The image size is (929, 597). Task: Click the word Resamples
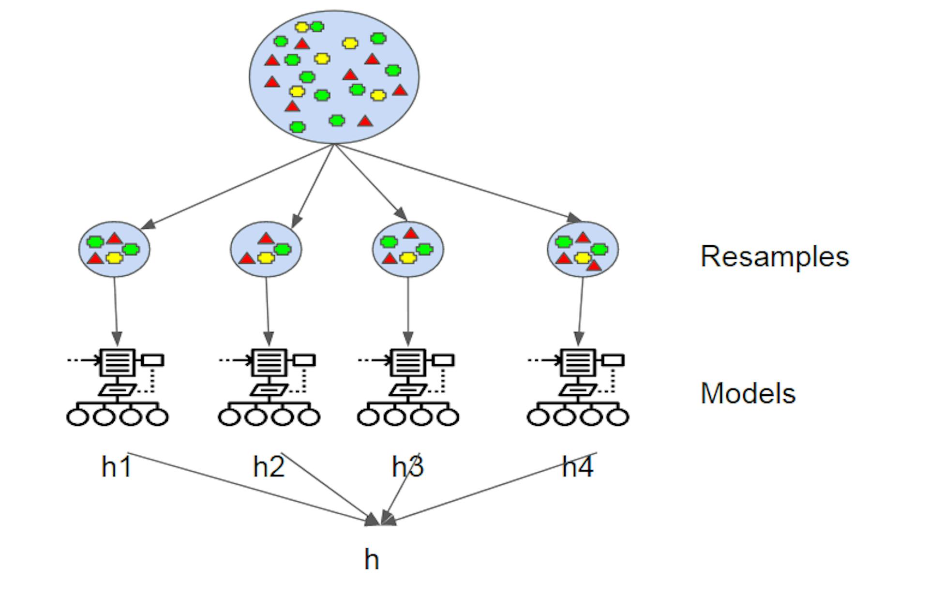coord(775,257)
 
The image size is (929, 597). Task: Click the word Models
coord(748,393)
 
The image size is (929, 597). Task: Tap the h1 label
coord(117,467)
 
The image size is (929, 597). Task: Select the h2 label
coord(269,467)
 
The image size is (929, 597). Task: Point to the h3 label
coord(408,467)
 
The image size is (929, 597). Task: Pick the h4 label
coord(578,467)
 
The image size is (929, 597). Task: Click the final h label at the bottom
coord(372,559)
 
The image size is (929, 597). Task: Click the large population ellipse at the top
coord(334,77)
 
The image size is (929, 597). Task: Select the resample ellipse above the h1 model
coord(115,249)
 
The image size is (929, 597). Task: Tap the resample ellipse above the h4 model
coord(583,249)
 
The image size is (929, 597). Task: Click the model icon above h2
coord(269,387)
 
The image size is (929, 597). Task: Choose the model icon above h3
coord(408,387)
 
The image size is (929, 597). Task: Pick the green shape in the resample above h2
coord(283,249)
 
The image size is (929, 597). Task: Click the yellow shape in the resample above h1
coord(114,258)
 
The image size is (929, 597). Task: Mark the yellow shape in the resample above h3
coord(408,258)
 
